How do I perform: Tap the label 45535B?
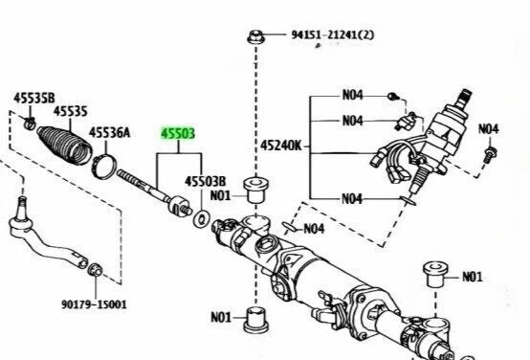pos(33,97)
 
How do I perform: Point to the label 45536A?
pos(110,133)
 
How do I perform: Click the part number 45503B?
pos(205,180)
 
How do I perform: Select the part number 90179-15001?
pos(93,304)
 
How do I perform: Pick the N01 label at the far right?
pos(472,278)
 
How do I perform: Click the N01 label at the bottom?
pos(221,317)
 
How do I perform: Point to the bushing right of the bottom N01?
pos(254,319)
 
